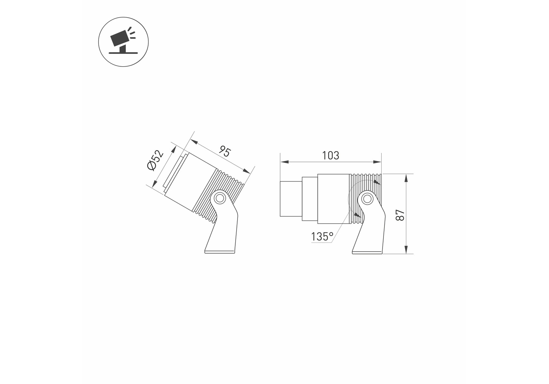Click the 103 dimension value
330,156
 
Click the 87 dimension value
400,215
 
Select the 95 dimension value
225,151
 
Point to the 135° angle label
322,237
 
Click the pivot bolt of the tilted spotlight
219,198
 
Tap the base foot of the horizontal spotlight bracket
367,252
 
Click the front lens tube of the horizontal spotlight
291,199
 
